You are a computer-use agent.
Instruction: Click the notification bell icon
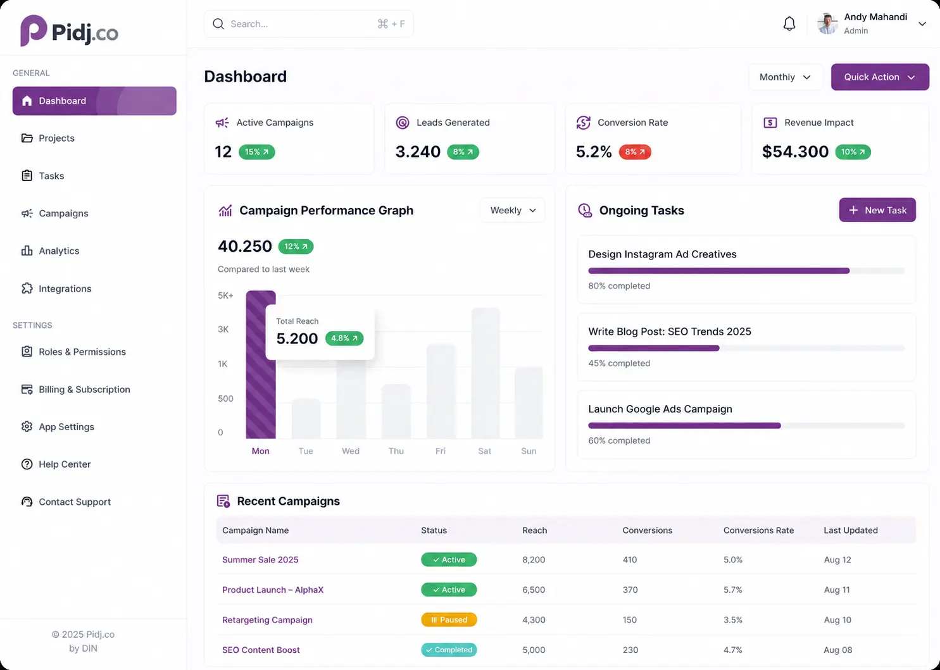789,24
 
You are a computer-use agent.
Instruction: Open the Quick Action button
880,77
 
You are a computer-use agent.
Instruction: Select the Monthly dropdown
785,77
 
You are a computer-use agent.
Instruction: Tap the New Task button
877,210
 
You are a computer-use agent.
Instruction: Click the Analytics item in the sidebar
59,251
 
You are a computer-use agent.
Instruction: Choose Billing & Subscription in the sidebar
84,389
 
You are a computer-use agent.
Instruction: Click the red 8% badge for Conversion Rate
634,152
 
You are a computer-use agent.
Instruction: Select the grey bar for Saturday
486,373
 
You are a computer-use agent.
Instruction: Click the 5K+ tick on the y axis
225,295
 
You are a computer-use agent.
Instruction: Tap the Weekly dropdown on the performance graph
512,210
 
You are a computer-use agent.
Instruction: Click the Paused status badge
449,619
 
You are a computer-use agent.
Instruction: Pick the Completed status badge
449,650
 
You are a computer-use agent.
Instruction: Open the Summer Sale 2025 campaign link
260,560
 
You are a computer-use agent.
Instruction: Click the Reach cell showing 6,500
534,590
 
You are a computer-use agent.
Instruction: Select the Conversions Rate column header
758,530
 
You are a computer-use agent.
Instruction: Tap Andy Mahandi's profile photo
827,24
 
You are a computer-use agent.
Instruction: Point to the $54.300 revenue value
795,152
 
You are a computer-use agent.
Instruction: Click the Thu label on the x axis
396,451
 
